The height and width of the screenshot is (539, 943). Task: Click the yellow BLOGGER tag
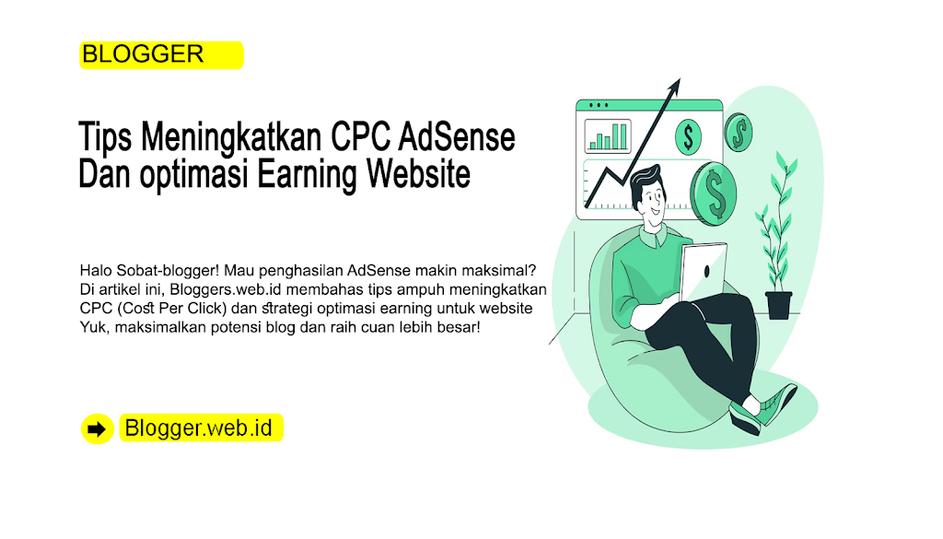161,54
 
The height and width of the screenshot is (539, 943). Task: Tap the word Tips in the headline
105,136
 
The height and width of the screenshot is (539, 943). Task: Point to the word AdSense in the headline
457,136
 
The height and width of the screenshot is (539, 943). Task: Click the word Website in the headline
419,173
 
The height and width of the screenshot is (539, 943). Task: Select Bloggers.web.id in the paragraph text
226,289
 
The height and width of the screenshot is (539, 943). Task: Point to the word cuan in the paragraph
377,327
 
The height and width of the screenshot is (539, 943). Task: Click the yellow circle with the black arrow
98,429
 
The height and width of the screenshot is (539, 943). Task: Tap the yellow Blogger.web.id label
201,428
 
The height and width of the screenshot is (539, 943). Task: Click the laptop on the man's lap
703,272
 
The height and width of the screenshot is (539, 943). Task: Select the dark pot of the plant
779,305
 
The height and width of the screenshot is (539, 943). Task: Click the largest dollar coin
714,193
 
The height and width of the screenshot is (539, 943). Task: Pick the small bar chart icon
608,136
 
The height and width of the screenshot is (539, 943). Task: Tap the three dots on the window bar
599,105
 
